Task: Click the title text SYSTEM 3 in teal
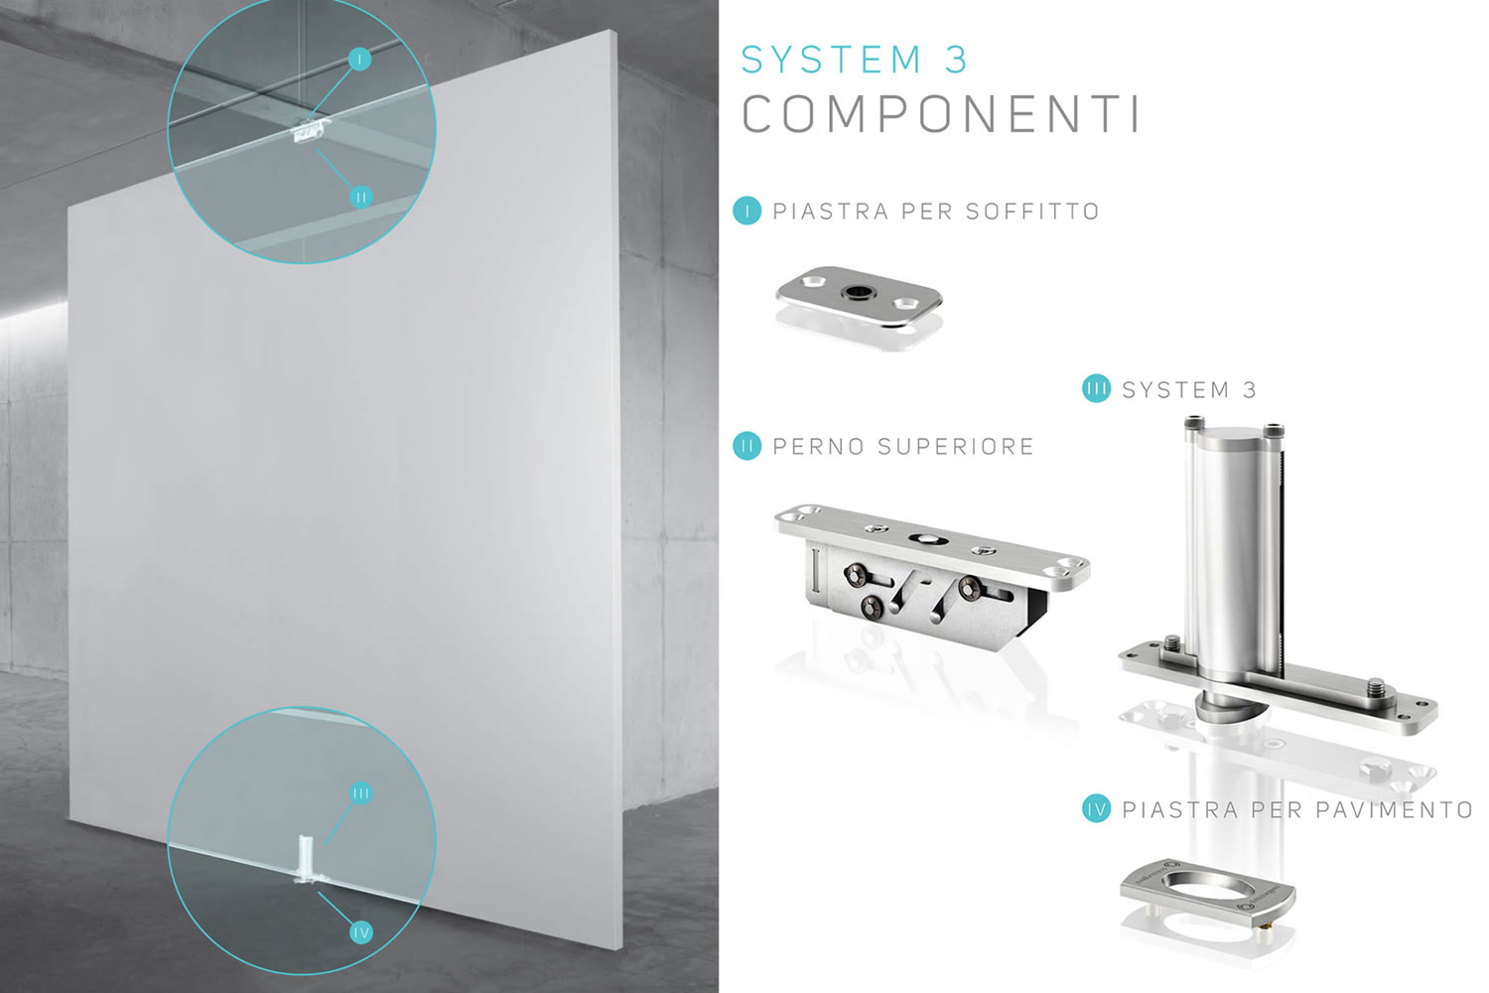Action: click(x=854, y=60)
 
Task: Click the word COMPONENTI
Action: click(x=941, y=114)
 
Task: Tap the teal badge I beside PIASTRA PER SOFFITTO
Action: click(x=747, y=211)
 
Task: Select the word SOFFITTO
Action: click(x=1032, y=212)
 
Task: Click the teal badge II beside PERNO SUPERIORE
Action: click(x=747, y=446)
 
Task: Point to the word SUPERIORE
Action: click(x=956, y=446)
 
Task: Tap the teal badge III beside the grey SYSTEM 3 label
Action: click(x=1096, y=388)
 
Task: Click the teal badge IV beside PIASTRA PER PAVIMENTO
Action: click(x=1096, y=808)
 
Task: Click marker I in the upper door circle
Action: click(x=359, y=60)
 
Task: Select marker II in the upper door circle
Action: click(x=361, y=197)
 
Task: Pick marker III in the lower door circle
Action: click(x=361, y=792)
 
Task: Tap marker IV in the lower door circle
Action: click(x=361, y=932)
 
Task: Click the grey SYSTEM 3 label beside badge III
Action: click(x=1189, y=389)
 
